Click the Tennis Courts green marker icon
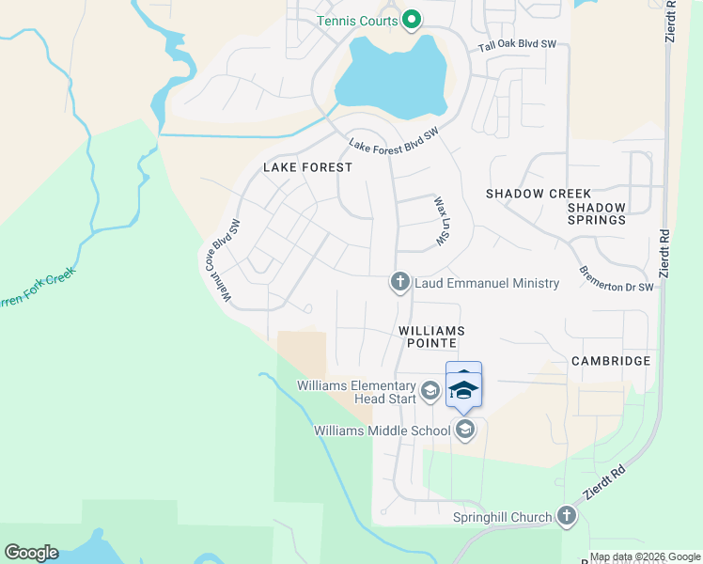pos(411,20)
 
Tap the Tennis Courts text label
pos(357,20)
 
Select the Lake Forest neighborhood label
pos(307,167)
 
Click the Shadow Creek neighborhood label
pos(539,194)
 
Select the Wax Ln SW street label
pos(439,222)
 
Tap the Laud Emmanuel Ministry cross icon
pos(398,282)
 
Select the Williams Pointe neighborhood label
pos(431,337)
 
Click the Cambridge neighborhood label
pos(611,361)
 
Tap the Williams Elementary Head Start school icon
pos(430,391)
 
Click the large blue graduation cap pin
pos(463,386)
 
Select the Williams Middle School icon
pos(463,431)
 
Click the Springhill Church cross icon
pos(566,516)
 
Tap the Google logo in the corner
pos(31,553)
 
